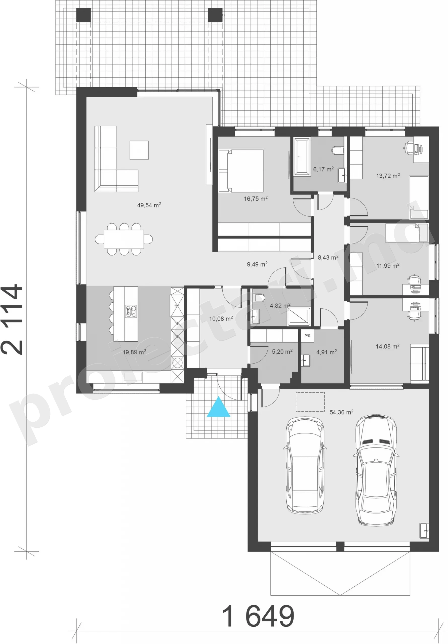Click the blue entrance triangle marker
(x=219, y=407)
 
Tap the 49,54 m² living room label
(x=149, y=205)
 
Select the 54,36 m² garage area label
(x=341, y=412)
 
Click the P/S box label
(x=307, y=336)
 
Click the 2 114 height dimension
(x=12, y=320)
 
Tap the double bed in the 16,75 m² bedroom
(x=241, y=171)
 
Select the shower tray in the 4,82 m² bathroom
(x=299, y=317)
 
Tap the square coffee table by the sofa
(x=139, y=150)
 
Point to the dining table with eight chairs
(x=124, y=239)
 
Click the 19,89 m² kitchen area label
(x=134, y=352)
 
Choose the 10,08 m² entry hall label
(x=221, y=319)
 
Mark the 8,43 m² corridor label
(x=328, y=257)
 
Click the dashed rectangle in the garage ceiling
(x=310, y=402)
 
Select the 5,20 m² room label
(x=282, y=351)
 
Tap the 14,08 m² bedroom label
(x=388, y=346)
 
